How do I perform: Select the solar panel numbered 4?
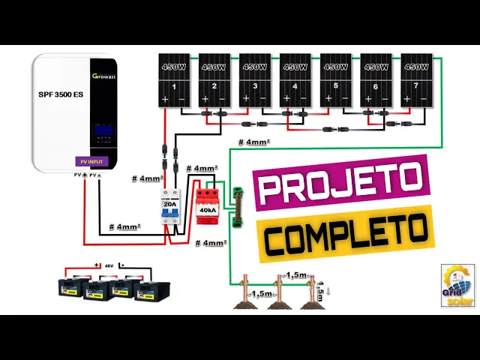point(295,80)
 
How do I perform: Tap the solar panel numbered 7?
point(416,80)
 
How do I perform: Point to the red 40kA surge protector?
point(206,205)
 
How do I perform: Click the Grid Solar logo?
point(457,286)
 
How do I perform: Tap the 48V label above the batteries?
point(110,266)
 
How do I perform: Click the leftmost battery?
point(75,288)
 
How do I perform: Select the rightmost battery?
point(152,291)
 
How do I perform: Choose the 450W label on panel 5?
point(335,66)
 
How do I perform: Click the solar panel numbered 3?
point(254,80)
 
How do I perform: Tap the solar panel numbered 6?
point(376,80)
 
